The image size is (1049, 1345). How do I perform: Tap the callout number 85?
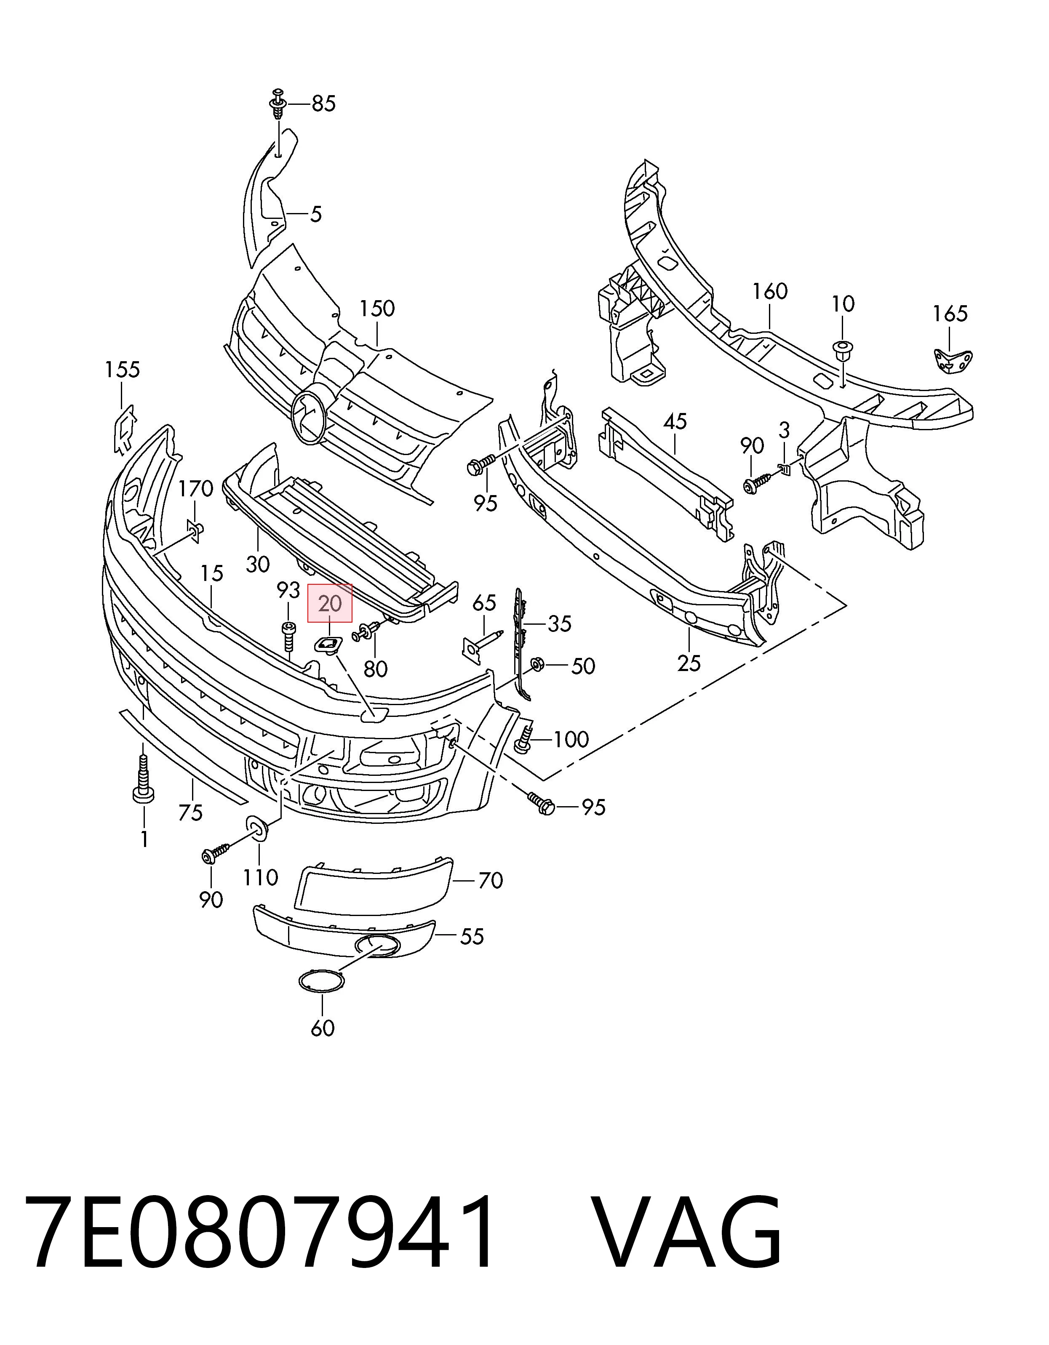pyautogui.click(x=323, y=104)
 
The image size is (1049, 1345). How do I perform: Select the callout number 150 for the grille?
pyautogui.click(x=377, y=309)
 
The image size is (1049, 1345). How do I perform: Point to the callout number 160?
pyautogui.click(x=770, y=291)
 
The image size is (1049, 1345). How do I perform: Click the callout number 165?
pyautogui.click(x=950, y=314)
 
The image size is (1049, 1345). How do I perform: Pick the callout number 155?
pyautogui.click(x=122, y=370)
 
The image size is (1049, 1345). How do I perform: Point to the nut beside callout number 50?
pyautogui.click(x=535, y=664)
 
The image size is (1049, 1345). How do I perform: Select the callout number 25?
pyautogui.click(x=689, y=663)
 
